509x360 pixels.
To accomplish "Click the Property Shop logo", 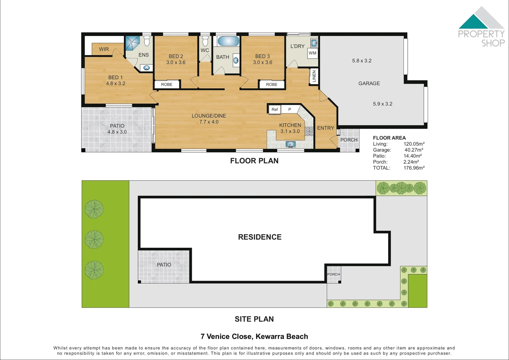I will coord(481,27).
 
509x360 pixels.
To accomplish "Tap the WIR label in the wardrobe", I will coord(104,49).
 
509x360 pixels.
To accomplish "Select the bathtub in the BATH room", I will coord(228,42).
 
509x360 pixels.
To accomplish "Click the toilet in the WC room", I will coord(205,41).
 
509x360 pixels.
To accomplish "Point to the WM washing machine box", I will coord(312,53).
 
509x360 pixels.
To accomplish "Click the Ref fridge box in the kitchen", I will coord(274,109).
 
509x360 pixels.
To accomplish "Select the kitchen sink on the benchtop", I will coord(291,144).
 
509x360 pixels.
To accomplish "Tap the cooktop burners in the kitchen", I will coord(309,131).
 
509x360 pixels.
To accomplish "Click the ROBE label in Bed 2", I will coord(167,84).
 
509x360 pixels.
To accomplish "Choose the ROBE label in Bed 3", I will coord(271,84).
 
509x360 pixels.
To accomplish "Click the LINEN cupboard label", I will coord(314,76).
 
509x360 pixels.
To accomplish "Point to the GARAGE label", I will coord(369,83).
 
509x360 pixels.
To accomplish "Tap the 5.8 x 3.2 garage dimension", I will coord(361,61).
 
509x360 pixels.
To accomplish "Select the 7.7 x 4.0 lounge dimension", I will coord(209,122).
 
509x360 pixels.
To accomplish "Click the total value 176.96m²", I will coord(414,168).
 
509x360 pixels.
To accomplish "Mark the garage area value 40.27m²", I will coord(414,150).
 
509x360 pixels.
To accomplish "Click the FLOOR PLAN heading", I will coord(254,161).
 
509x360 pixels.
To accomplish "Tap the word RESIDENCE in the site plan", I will coord(259,237).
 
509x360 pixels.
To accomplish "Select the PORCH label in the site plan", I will coord(333,274).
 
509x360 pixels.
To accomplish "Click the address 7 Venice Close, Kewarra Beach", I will coord(254,336).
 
